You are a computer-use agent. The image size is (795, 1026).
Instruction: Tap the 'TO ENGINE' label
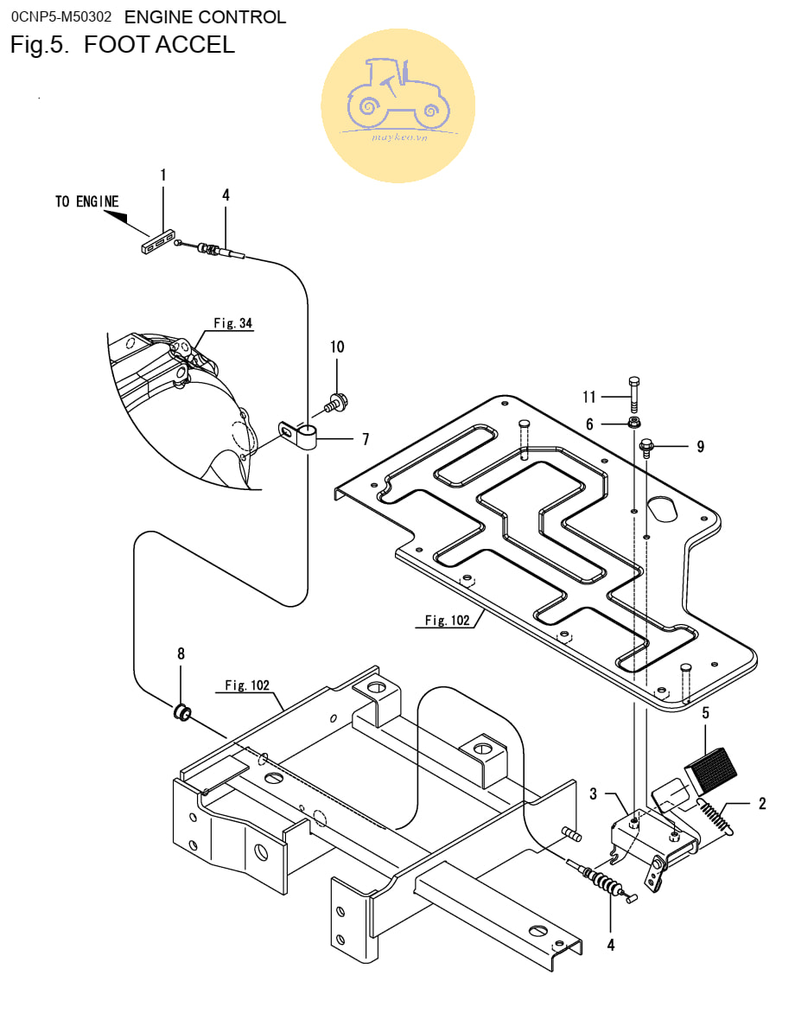[x=87, y=201]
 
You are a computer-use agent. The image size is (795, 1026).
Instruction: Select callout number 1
[x=163, y=175]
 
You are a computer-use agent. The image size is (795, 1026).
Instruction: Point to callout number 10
[x=337, y=347]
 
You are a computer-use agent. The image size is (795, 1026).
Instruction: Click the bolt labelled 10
[x=336, y=402]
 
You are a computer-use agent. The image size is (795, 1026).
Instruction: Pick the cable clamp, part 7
[x=298, y=435]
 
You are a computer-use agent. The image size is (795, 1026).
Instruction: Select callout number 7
[x=366, y=439]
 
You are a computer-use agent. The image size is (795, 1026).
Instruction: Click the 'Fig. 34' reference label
[x=233, y=323]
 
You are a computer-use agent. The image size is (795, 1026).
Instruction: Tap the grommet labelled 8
[x=182, y=712]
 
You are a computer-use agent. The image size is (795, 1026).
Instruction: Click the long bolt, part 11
[x=633, y=394]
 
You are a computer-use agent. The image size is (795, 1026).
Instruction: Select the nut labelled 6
[x=634, y=423]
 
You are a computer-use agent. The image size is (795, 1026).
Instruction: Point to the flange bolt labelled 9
[x=646, y=448]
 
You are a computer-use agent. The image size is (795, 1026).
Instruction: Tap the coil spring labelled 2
[x=714, y=818]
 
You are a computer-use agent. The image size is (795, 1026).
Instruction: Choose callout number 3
[x=594, y=793]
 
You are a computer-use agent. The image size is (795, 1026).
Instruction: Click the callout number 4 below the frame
[x=610, y=945]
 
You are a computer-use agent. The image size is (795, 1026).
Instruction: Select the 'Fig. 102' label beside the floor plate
[x=448, y=621]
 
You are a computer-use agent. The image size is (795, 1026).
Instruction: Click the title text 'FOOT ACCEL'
[x=159, y=44]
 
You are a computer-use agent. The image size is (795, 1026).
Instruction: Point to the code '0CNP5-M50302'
[x=61, y=16]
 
